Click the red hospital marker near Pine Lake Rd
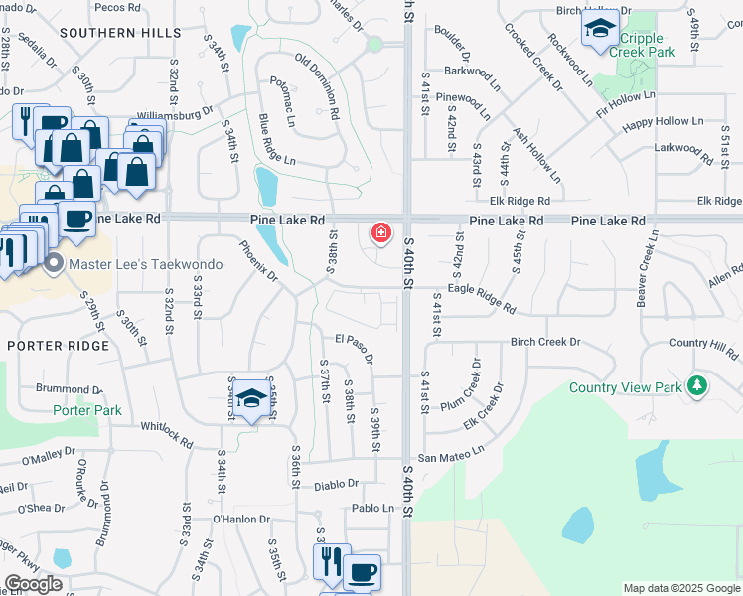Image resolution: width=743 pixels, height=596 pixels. pyautogui.click(x=379, y=233)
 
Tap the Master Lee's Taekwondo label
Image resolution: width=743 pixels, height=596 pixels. pyautogui.click(x=126, y=263)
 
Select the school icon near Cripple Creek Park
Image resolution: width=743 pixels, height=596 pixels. pyautogui.click(x=599, y=30)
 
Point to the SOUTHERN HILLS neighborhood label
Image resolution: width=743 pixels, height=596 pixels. pyautogui.click(x=110, y=32)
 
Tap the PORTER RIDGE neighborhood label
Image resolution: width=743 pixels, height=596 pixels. pyautogui.click(x=49, y=345)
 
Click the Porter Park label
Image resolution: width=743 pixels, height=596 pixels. pyautogui.click(x=87, y=410)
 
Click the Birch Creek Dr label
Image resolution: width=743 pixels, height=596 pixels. pyautogui.click(x=544, y=342)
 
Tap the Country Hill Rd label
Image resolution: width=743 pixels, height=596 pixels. pyautogui.click(x=704, y=343)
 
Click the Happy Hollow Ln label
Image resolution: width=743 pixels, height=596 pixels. pyautogui.click(x=663, y=123)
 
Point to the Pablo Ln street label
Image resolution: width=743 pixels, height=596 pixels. pyautogui.click(x=373, y=508)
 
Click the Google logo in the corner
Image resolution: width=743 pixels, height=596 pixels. pyautogui.click(x=34, y=583)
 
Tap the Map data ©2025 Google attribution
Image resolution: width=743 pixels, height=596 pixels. pyautogui.click(x=680, y=588)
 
